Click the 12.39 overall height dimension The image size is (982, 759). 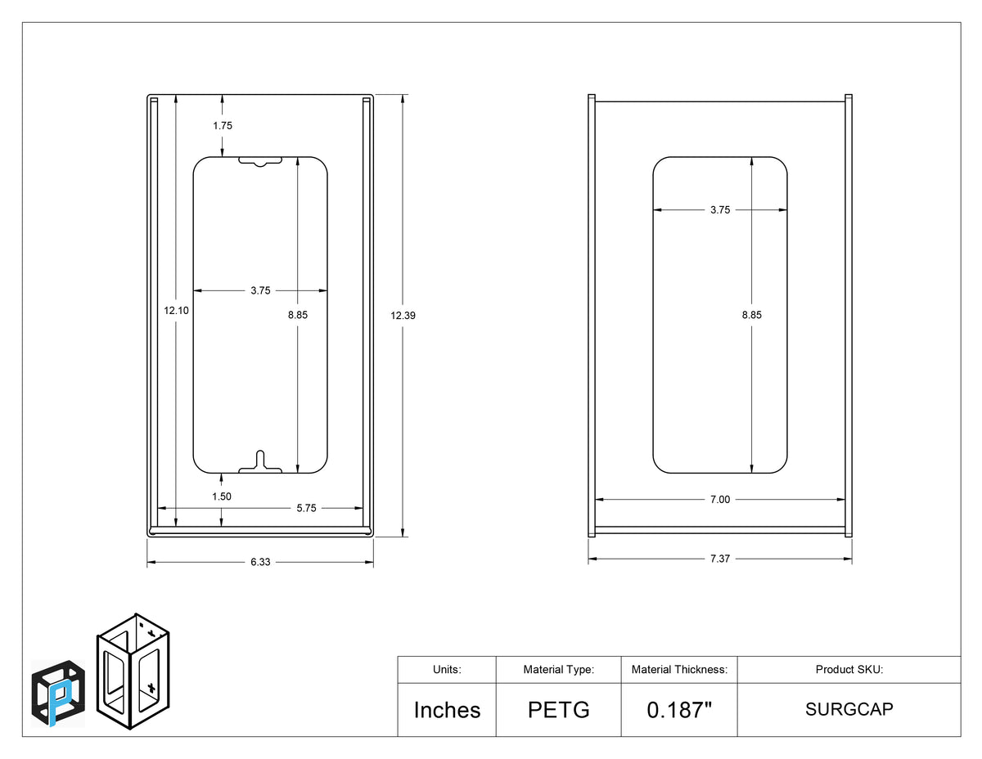(x=403, y=315)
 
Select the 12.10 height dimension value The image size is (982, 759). (x=176, y=310)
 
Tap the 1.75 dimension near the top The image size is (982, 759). (x=223, y=125)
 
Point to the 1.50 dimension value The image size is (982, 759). (x=222, y=496)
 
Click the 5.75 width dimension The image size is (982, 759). (x=306, y=508)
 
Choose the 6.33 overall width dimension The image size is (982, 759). (x=260, y=562)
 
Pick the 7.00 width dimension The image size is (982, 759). (x=720, y=500)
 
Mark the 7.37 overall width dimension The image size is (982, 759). (x=720, y=559)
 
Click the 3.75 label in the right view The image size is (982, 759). (x=720, y=210)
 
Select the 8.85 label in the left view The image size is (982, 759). (x=298, y=315)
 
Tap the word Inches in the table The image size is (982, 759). (x=447, y=710)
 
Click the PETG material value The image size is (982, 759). (x=559, y=710)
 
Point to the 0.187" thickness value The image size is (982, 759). (x=679, y=710)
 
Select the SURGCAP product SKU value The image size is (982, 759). (x=849, y=709)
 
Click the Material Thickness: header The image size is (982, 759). (x=679, y=670)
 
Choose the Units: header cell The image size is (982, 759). (x=447, y=670)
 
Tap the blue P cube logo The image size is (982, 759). (x=58, y=694)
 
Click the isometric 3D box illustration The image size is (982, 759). (x=133, y=671)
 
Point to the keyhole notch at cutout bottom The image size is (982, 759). (x=260, y=462)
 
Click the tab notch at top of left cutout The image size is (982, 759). (x=260, y=162)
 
